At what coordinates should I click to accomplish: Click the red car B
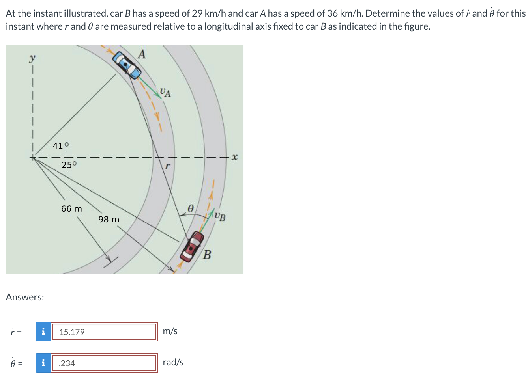[192, 246]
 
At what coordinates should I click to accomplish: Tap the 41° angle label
[61, 146]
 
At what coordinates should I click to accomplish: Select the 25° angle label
[69, 165]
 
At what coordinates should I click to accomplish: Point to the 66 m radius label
[71, 208]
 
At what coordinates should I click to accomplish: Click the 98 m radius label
[109, 219]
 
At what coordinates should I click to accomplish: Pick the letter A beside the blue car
[142, 54]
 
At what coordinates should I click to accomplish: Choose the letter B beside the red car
[207, 255]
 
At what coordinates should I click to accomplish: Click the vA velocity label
[165, 93]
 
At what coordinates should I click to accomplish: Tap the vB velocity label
[220, 216]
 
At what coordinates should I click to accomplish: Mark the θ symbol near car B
[190, 208]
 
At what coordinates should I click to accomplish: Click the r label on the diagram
[167, 166]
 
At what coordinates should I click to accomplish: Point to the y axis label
[32, 58]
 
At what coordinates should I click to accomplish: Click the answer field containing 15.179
[104, 332]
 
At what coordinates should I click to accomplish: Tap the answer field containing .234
[104, 363]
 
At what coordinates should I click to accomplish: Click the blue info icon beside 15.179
[43, 332]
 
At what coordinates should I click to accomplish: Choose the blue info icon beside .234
[43, 363]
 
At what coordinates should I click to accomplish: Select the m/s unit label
[170, 331]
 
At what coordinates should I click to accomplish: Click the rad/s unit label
[173, 362]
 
